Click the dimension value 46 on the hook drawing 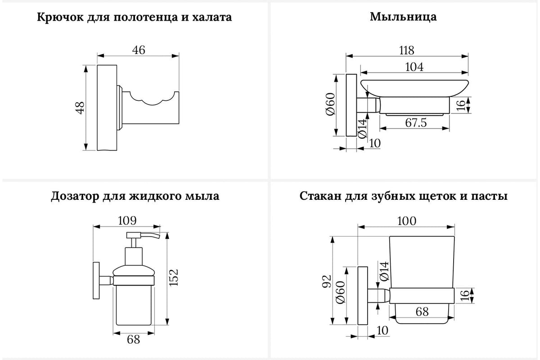[139, 50]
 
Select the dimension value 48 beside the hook [80, 108]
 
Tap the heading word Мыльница [403, 18]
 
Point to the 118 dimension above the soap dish [406, 50]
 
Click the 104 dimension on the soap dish [414, 67]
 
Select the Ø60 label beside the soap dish [330, 104]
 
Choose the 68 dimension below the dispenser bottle [134, 339]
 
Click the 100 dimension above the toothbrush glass [406, 221]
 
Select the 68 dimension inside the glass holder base [422, 311]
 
